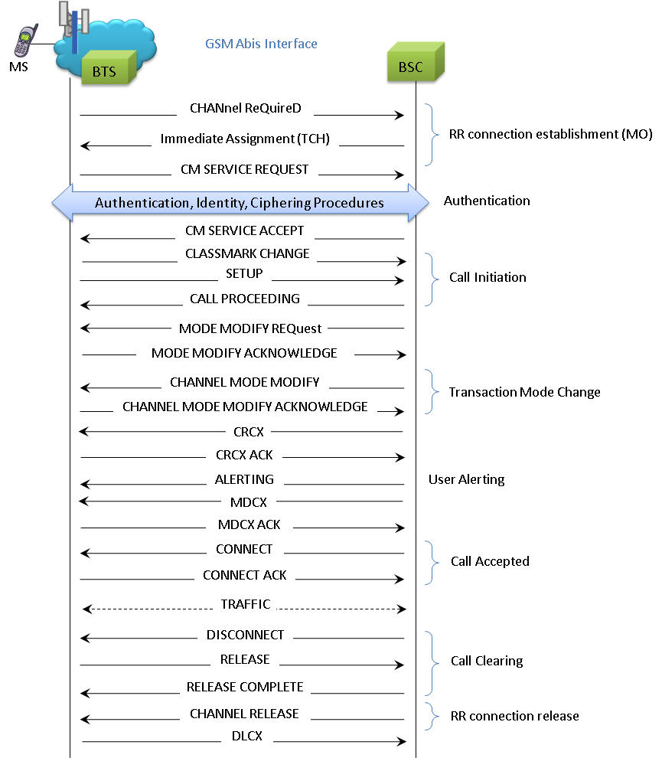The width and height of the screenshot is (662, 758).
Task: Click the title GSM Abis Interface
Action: pyautogui.click(x=261, y=44)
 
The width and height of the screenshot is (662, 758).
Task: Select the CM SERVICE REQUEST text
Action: pyautogui.click(x=244, y=169)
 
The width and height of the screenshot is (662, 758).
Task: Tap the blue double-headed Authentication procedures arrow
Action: pyautogui.click(x=240, y=203)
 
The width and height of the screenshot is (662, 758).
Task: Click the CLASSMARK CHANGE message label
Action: pyautogui.click(x=247, y=253)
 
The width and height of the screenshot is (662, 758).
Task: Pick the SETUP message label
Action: pyautogui.click(x=244, y=274)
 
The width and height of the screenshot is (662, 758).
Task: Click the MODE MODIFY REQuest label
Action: pyautogui.click(x=250, y=328)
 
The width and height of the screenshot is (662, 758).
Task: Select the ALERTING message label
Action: pyautogui.click(x=244, y=479)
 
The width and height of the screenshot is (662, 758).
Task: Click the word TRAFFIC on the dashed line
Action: pyautogui.click(x=245, y=604)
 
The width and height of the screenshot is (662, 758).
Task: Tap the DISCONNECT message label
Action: pyautogui.click(x=245, y=635)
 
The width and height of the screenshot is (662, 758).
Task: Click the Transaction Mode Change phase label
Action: pyautogui.click(x=524, y=392)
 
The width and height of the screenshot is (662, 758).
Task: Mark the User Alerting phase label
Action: pyautogui.click(x=466, y=479)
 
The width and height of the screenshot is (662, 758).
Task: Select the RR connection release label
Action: pyautogui.click(x=514, y=716)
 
